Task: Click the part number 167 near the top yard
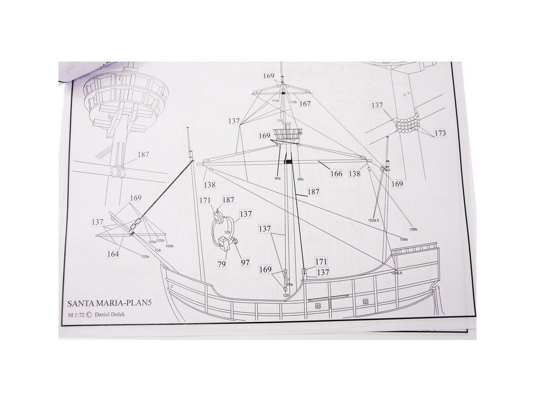coord(305,104)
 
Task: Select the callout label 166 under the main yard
coord(336,173)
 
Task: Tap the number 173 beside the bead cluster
coord(440,133)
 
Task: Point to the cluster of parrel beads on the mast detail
coord(409,124)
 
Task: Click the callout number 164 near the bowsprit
coord(113,254)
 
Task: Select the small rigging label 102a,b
coord(373,221)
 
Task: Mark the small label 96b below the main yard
coord(300,180)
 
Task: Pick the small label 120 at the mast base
coord(286,296)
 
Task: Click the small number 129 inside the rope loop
coord(227,233)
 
